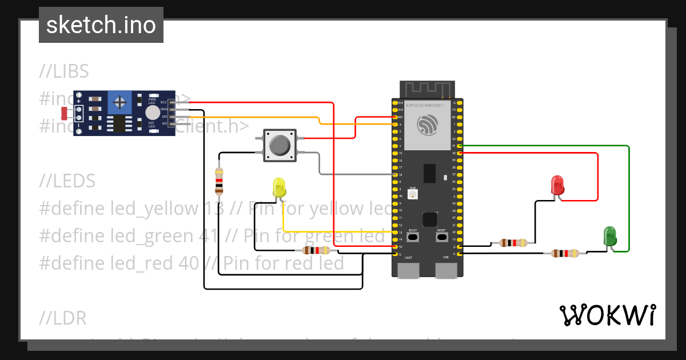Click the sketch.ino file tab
(101, 25)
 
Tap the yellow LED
(279, 188)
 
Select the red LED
(557, 185)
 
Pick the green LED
(610, 236)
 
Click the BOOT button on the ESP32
(413, 237)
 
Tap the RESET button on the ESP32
(441, 237)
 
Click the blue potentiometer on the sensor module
(120, 103)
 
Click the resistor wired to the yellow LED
(315, 250)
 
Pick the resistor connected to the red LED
(513, 243)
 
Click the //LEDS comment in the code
(67, 181)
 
